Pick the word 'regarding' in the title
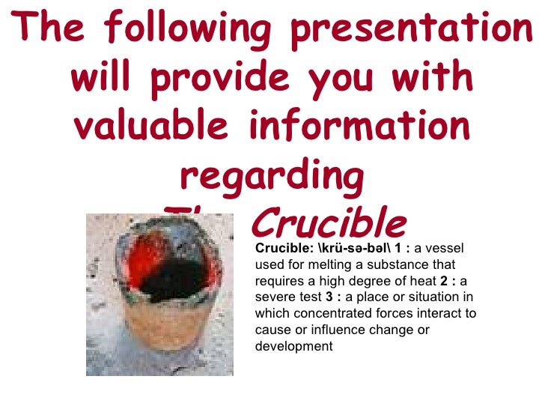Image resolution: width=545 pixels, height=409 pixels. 272,177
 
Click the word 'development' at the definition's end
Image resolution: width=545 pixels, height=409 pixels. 293,347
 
